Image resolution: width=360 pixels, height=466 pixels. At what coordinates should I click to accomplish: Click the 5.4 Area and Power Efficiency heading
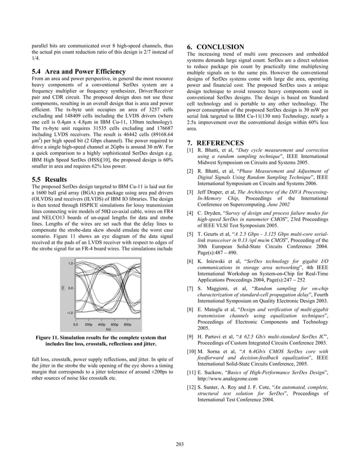point(79,72)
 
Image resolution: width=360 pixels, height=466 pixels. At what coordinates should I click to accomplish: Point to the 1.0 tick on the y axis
point(71,263)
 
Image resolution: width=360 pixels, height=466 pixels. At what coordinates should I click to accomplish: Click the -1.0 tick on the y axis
point(71,312)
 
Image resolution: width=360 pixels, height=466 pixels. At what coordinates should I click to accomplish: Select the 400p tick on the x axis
point(102,325)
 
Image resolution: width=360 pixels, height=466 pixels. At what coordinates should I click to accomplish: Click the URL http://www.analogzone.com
point(228,380)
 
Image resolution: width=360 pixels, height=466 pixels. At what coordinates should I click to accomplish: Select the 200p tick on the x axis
point(89,325)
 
